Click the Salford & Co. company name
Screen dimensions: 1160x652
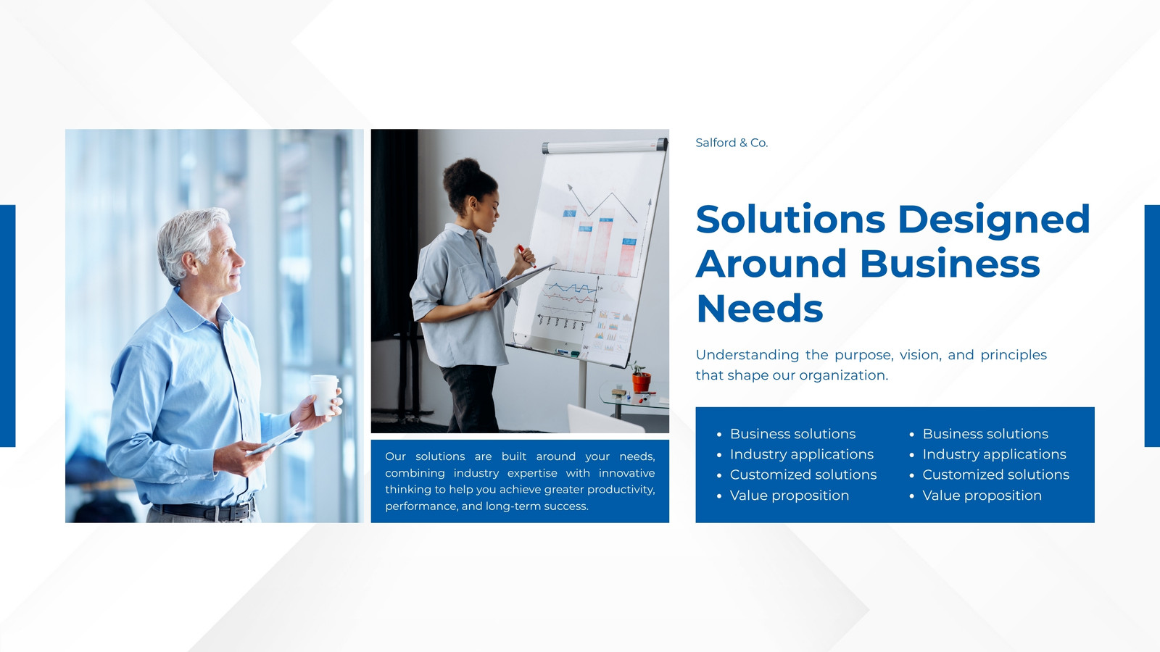point(732,143)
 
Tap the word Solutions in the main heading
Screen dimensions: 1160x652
point(790,220)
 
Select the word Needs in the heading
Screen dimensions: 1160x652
point(760,309)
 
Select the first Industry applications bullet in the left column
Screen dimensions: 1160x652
point(802,454)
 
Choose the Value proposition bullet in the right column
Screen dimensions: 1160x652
point(982,496)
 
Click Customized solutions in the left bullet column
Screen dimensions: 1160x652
point(803,475)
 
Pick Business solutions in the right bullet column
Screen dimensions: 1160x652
point(985,434)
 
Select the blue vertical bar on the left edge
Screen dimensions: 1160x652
point(8,326)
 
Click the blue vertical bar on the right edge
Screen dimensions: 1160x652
point(1152,326)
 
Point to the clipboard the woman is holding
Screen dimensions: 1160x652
point(523,278)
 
